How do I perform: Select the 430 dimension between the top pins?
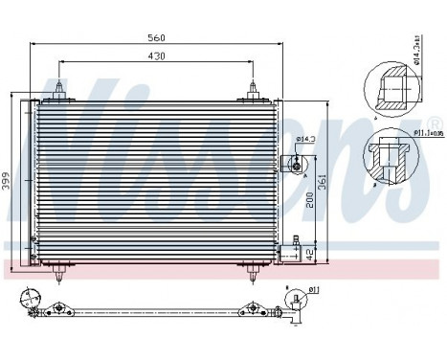coord(157,56)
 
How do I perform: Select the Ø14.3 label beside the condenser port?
coord(305,142)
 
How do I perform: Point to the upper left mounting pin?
coord(60,90)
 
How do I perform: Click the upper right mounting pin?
coord(254,90)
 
